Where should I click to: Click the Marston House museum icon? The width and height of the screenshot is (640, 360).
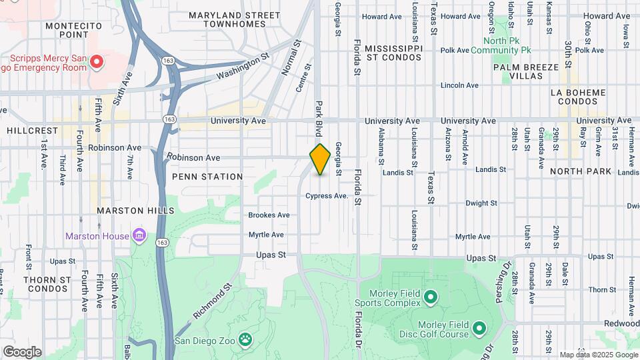coord(139,235)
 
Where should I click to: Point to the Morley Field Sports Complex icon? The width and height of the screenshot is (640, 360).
coord(430,296)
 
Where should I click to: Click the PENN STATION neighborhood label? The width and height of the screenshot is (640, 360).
coord(207,177)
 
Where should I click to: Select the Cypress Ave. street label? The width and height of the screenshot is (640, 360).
coord(327,196)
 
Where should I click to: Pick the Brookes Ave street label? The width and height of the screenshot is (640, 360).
coord(269,215)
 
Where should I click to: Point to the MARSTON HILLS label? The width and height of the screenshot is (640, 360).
coord(130,210)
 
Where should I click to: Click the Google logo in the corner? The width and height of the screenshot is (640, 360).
coord(21,351)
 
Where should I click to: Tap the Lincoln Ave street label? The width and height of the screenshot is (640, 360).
coord(460,85)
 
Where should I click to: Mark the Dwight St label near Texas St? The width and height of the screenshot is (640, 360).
coord(478,203)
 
